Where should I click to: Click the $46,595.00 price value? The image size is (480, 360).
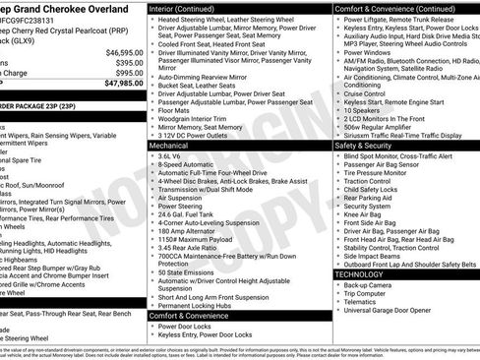coord(124,52)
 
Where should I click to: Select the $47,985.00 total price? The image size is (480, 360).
coord(124,83)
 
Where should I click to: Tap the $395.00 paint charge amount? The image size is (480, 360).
coord(127,62)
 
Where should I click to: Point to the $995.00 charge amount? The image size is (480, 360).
coord(127,72)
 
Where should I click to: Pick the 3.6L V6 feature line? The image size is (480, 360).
coord(171,155)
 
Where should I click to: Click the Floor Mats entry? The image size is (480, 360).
coord(177,109)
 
